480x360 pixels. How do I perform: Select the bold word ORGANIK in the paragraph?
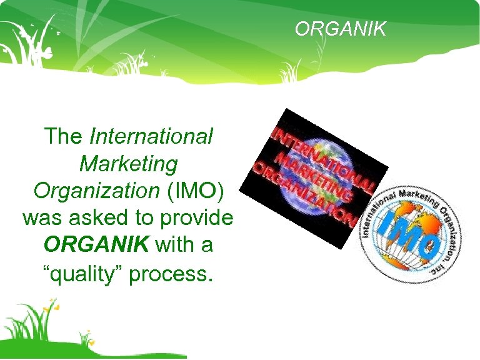[x=96, y=245]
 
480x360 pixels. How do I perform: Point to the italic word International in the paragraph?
[x=152, y=136]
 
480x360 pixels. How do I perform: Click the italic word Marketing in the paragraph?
[x=129, y=164]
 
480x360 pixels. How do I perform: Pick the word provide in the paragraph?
[x=199, y=218]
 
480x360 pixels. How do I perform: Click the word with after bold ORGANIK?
[x=173, y=245]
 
